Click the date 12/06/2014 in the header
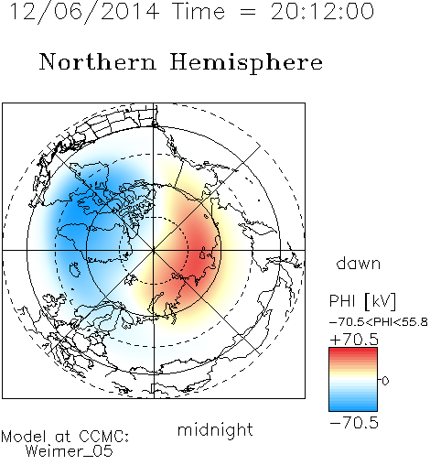84,12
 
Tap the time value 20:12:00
322,12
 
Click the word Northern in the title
98,61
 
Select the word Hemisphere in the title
246,63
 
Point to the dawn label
359,263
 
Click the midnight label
215,429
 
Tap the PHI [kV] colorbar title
362,301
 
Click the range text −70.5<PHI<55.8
379,322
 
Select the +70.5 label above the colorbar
354,340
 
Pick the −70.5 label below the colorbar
354,423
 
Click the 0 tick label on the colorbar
385,381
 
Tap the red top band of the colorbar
353,353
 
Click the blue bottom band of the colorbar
353,406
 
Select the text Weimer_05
70,451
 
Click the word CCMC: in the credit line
104,437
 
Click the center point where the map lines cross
154,250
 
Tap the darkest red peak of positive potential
199,258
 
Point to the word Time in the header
199,12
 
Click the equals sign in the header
248,12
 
